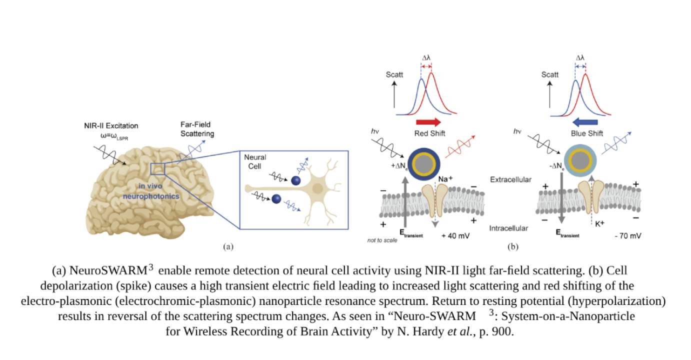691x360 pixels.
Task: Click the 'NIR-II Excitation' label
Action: pyautogui.click(x=111, y=125)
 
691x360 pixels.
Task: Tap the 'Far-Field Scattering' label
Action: pyautogui.click(x=197, y=129)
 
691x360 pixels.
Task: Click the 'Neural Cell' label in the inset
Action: pyautogui.click(x=255, y=161)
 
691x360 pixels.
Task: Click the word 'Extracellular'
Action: pyautogui.click(x=510, y=179)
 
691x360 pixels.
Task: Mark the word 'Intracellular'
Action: pyautogui.click(x=508, y=228)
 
